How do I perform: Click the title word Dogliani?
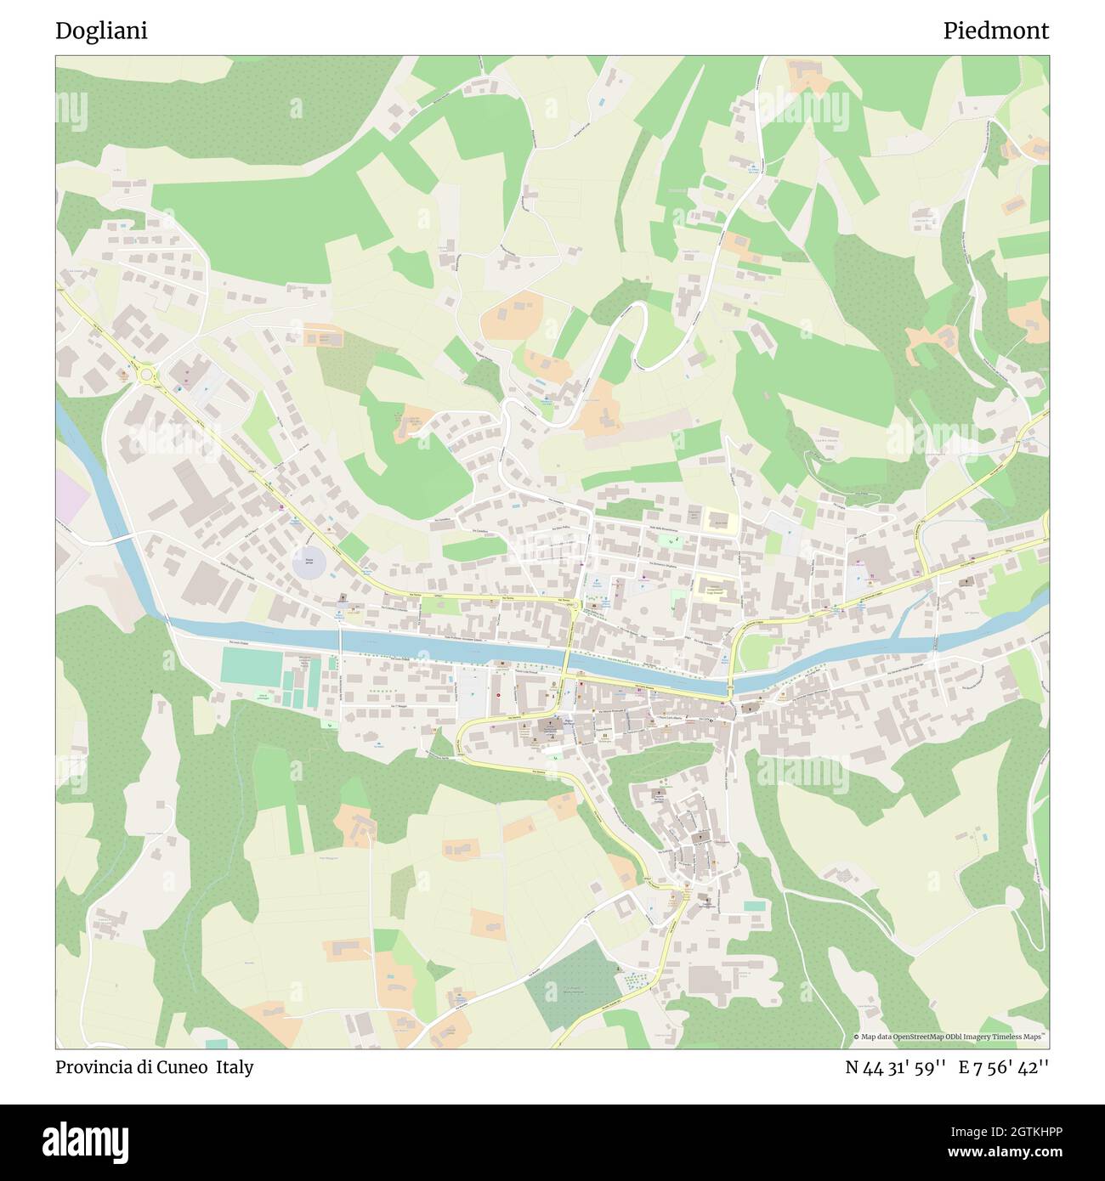[x=101, y=31]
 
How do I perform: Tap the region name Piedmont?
[x=995, y=31]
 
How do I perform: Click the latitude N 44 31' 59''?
[x=896, y=1067]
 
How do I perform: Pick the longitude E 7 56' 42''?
[x=1004, y=1067]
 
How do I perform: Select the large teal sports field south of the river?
[x=252, y=666]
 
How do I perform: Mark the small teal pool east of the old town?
[x=754, y=906]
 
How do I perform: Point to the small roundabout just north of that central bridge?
[x=575, y=605]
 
